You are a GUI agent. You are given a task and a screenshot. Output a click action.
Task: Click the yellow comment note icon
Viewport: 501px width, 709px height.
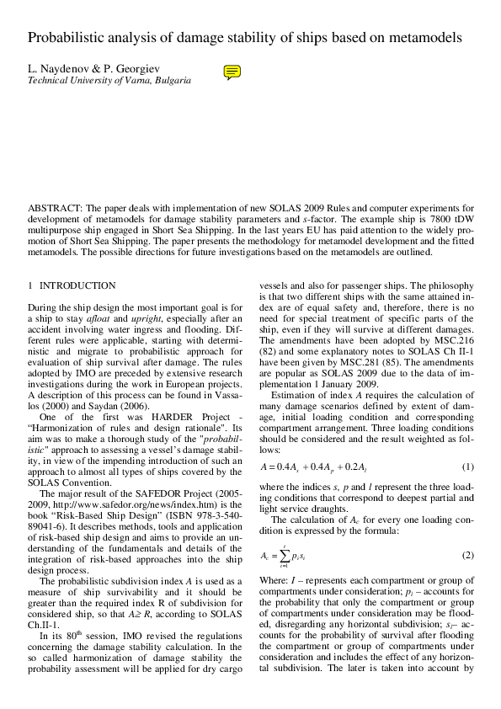(233, 72)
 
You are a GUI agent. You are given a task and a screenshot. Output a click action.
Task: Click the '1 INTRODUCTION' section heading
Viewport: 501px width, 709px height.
(72, 286)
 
